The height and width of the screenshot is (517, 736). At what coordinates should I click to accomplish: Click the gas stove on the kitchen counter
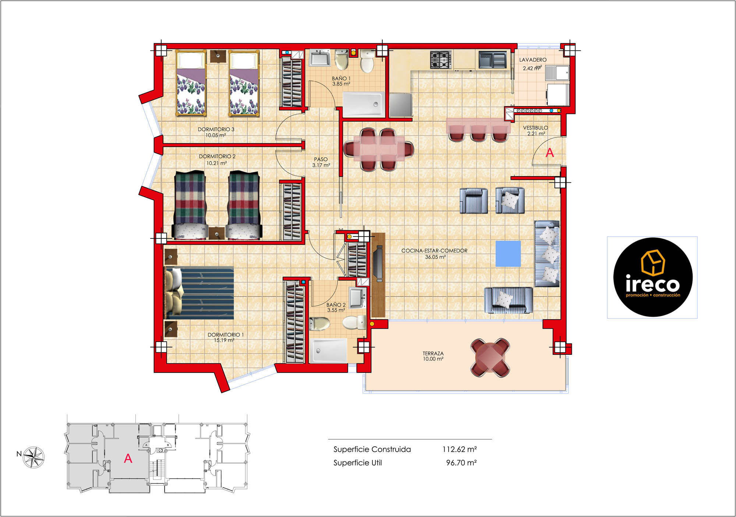coord(441,60)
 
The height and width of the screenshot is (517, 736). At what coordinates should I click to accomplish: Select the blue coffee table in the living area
coord(508,254)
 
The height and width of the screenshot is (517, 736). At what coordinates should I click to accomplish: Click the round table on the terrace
coord(491,357)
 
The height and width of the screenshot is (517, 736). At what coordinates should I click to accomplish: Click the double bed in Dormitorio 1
coord(199,293)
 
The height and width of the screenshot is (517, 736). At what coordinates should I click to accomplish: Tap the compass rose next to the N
coord(34,457)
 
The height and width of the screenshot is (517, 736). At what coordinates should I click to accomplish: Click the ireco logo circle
coord(653,277)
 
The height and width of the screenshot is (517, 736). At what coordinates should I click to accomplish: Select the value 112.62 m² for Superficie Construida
coord(460,449)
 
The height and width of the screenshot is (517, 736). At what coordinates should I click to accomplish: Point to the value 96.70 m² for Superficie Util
coord(461,463)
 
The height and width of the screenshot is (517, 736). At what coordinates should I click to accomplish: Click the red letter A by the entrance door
coord(550,153)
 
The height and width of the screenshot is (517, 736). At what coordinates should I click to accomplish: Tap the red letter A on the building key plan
coord(128,458)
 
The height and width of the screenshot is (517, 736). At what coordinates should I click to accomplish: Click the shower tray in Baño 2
coord(328,350)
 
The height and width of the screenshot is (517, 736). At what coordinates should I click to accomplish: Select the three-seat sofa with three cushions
coord(547,254)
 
